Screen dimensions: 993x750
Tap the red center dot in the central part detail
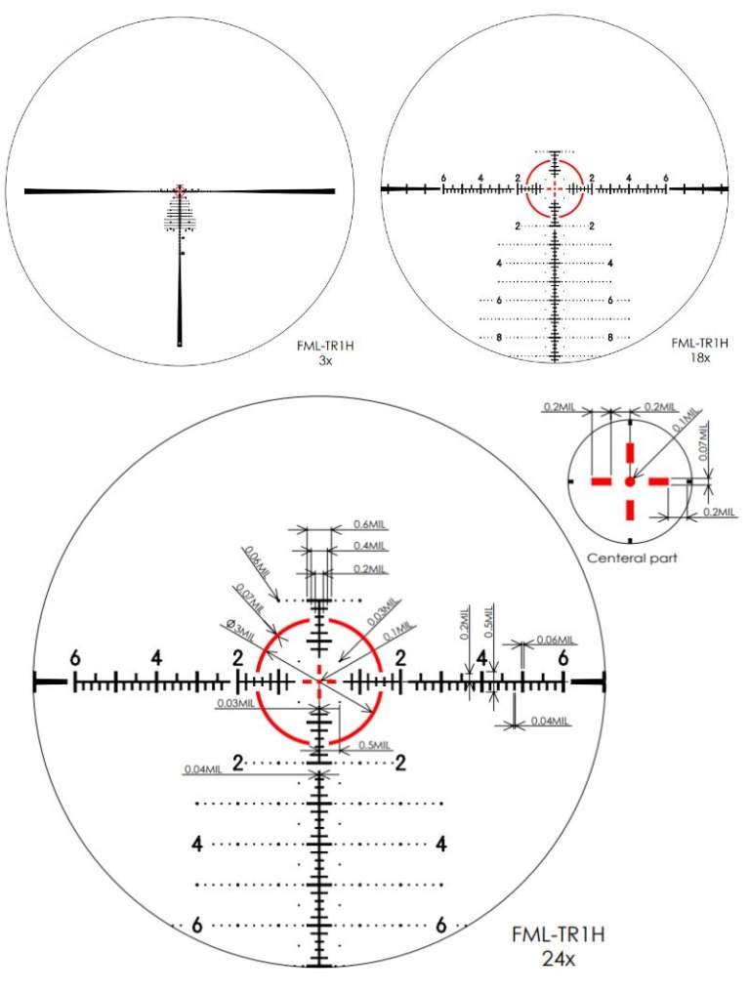pos(630,481)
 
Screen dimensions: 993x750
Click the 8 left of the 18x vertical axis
pos(499,337)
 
